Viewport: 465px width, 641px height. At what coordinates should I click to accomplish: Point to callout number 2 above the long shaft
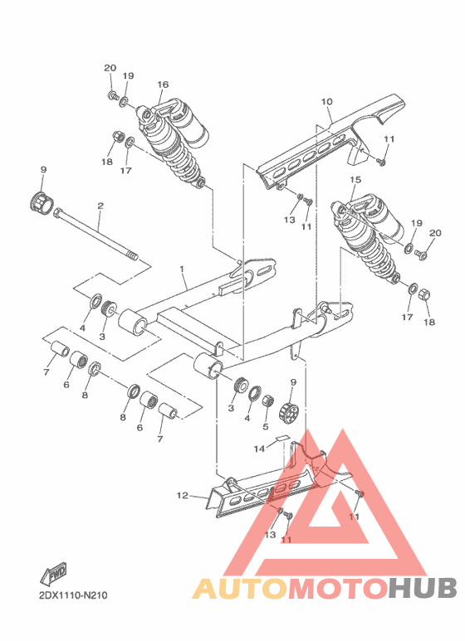click(100, 205)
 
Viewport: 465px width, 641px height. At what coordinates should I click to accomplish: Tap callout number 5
click(266, 428)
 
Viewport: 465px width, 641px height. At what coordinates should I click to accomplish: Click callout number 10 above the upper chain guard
click(326, 102)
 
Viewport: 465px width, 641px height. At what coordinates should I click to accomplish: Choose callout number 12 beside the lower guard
click(182, 497)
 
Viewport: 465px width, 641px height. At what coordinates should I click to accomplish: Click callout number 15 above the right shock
click(355, 179)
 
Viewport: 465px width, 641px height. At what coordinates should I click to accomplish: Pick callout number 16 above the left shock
click(162, 85)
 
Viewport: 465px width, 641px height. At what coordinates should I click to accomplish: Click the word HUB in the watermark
click(423, 588)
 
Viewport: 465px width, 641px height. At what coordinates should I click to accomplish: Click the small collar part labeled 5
click(267, 403)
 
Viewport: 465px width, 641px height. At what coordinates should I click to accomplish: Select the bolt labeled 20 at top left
click(111, 97)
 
